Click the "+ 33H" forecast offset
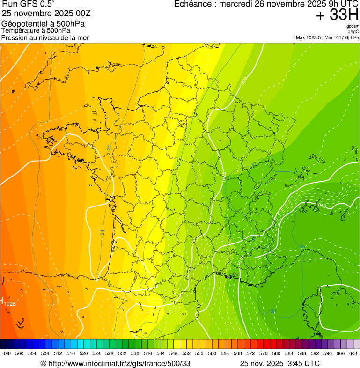(x=337, y=15)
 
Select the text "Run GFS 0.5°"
(x=28, y=4)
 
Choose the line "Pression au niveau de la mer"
(x=45, y=37)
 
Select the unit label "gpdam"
(x=353, y=26)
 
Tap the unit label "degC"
(x=353, y=31)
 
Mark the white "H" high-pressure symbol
(x=2, y=300)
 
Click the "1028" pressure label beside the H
(x=10, y=304)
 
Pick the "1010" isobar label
(x=322, y=206)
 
